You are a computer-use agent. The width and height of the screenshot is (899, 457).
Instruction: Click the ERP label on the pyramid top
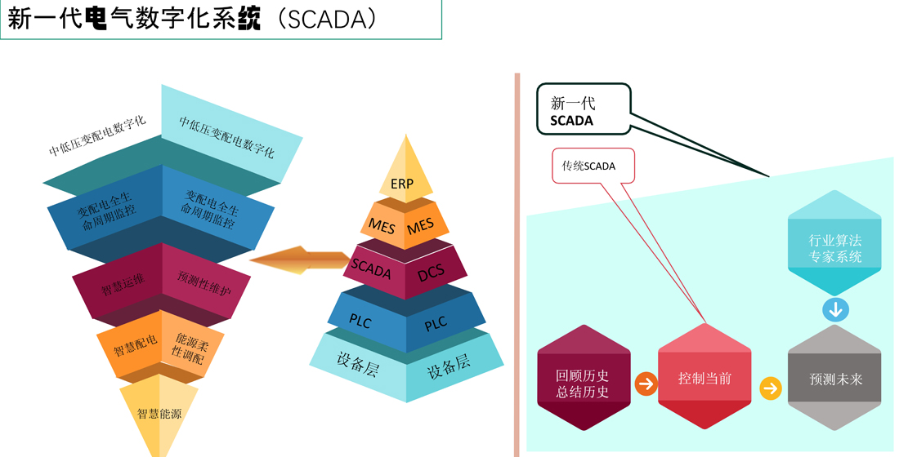402,184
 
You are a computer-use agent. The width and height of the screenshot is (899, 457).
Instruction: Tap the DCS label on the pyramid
431,273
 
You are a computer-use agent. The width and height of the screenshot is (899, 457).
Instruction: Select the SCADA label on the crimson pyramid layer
371,268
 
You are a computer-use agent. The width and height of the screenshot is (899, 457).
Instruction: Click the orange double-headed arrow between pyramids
300,260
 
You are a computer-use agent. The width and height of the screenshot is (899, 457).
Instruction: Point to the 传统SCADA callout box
593,166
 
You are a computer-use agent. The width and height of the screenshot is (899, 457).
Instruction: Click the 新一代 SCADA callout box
583,109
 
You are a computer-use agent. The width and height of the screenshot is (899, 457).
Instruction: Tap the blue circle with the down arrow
835,310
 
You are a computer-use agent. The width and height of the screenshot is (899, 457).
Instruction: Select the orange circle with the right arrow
646,384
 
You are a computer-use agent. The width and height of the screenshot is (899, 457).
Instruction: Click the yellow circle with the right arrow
771,388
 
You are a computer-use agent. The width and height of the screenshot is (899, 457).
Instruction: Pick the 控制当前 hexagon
704,376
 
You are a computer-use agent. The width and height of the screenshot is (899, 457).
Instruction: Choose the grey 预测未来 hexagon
834,377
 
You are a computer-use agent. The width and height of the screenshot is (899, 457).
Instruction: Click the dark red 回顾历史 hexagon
584,378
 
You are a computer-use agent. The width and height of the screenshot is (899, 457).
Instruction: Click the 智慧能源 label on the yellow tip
159,414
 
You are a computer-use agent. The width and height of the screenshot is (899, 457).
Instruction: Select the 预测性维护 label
204,283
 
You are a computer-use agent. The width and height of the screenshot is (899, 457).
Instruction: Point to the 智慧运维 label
123,284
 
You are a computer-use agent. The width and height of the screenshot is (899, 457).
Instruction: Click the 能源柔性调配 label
190,348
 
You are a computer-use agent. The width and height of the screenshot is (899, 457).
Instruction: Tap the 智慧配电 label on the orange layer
136,345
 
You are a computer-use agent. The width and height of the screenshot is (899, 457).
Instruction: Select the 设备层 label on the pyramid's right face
449,366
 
